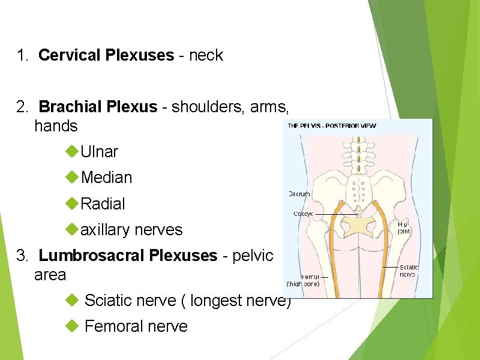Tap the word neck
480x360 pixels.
coord(206,56)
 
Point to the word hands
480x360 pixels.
coord(56,126)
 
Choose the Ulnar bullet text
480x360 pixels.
coord(99,152)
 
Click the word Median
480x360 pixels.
coord(106,178)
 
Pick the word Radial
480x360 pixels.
coord(103,204)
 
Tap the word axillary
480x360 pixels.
coord(106,230)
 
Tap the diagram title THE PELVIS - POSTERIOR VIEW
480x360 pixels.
coord(332,125)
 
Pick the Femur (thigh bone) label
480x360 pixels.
coord(302,280)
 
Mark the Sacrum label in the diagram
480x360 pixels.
coord(299,194)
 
